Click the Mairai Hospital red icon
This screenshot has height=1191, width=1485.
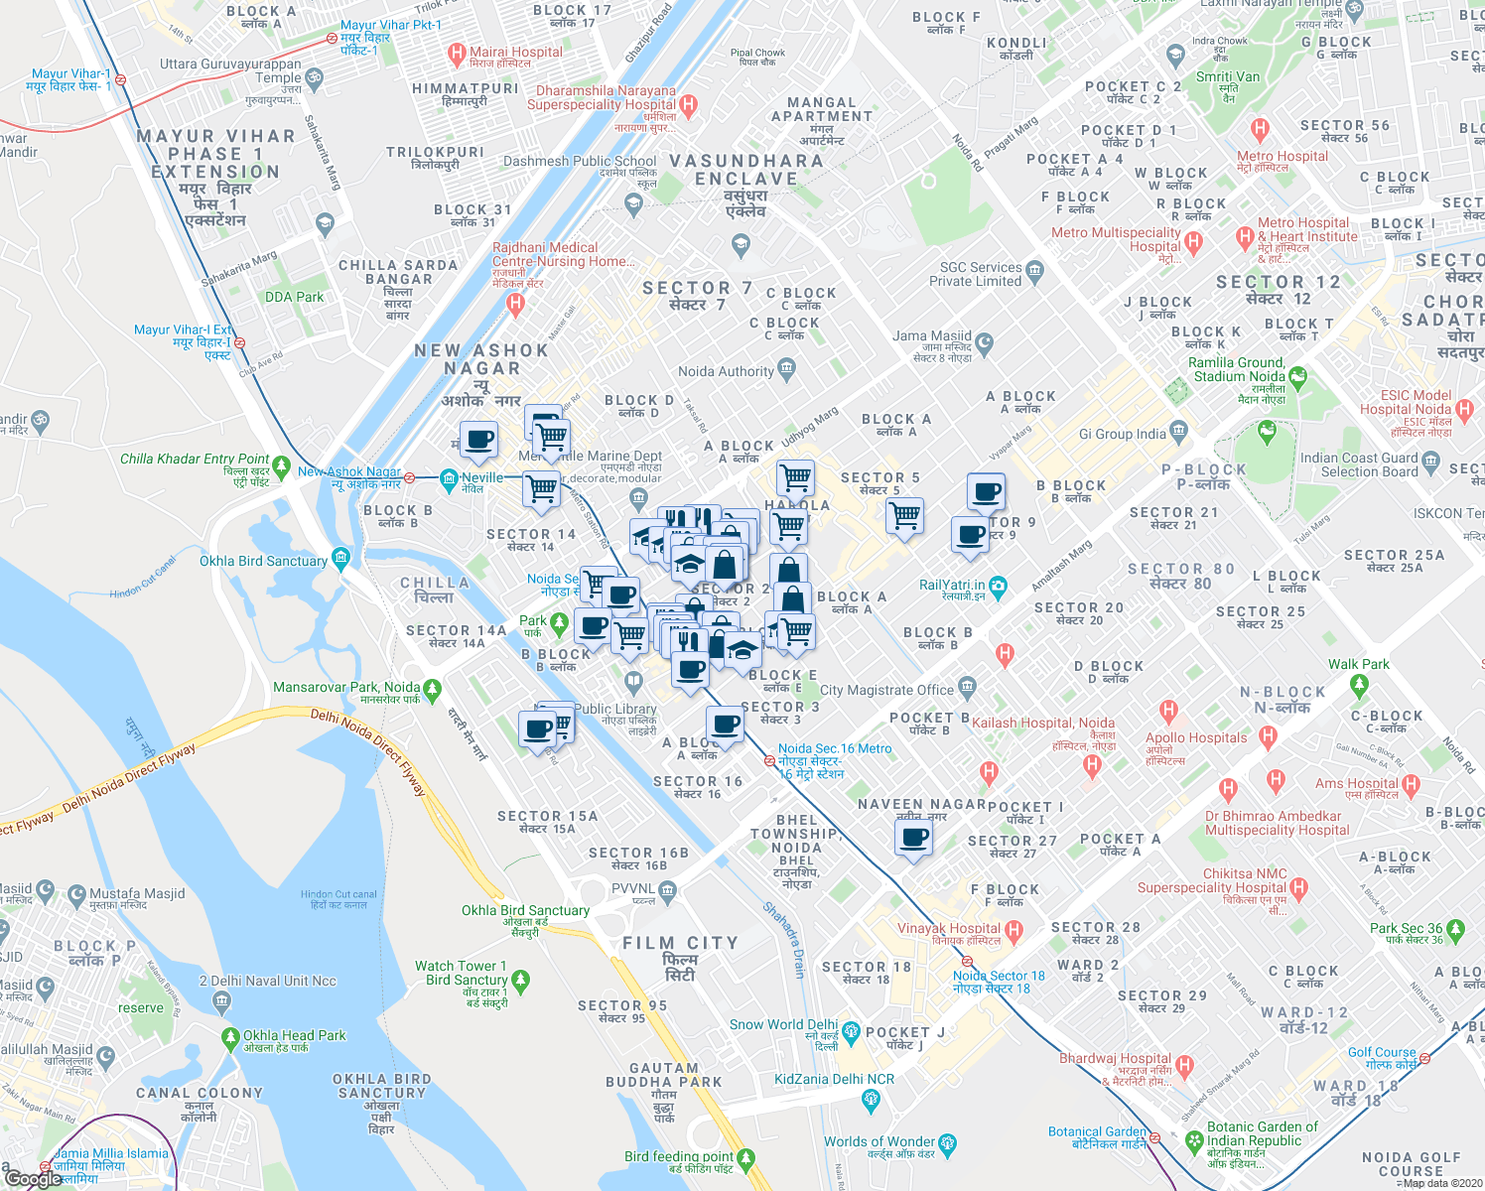[457, 54]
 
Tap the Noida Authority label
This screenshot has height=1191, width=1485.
[726, 371]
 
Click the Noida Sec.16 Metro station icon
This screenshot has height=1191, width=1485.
[769, 760]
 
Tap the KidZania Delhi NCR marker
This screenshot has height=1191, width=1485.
[871, 1099]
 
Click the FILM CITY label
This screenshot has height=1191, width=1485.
[680, 943]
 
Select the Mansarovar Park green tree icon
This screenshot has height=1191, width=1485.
[431, 688]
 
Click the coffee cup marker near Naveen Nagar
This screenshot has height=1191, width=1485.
[913, 839]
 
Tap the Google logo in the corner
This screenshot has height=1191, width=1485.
[33, 1178]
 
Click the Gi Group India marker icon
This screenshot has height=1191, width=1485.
[1178, 431]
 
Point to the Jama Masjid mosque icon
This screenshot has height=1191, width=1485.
[984, 344]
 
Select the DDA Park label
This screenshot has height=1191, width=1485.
[295, 297]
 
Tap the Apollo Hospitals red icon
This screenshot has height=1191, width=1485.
[1168, 712]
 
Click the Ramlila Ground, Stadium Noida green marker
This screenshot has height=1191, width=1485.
[1297, 377]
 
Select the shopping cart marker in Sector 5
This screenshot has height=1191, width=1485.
[904, 515]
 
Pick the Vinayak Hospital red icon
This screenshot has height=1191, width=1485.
[1013, 931]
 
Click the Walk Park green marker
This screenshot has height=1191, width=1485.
[1359, 683]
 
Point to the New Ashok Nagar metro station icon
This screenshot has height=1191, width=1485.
[409, 477]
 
